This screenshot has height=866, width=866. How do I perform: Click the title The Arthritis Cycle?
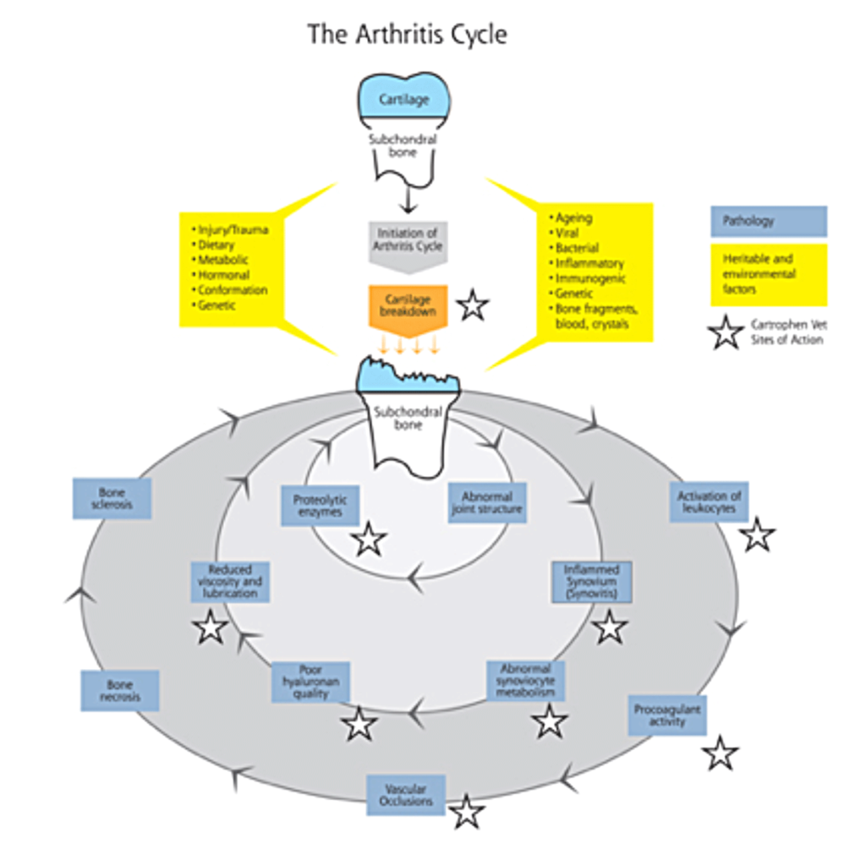(407, 35)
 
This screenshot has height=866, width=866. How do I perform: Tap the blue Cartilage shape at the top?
(403, 98)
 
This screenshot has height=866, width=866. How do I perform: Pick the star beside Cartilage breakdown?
(472, 305)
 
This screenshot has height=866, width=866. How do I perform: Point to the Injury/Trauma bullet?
(232, 229)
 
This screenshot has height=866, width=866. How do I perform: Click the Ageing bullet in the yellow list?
(573, 217)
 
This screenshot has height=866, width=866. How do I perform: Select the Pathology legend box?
(768, 222)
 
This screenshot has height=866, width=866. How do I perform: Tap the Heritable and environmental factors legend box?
(768, 274)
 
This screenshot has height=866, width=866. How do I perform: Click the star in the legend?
(726, 332)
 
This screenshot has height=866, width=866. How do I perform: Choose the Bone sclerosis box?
(112, 498)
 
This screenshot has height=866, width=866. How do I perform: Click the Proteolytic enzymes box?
(320, 506)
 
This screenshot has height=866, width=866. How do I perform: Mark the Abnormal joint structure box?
(487, 502)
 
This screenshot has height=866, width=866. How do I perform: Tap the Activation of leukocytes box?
(709, 502)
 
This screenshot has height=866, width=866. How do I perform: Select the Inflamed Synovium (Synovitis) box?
(591, 582)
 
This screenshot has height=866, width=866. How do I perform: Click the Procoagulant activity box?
(667, 715)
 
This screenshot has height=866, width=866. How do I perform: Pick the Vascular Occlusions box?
(406, 795)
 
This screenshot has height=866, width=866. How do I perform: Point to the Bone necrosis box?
(119, 690)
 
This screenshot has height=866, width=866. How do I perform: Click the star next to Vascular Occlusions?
(466, 812)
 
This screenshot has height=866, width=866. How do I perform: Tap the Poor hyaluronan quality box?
(310, 682)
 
